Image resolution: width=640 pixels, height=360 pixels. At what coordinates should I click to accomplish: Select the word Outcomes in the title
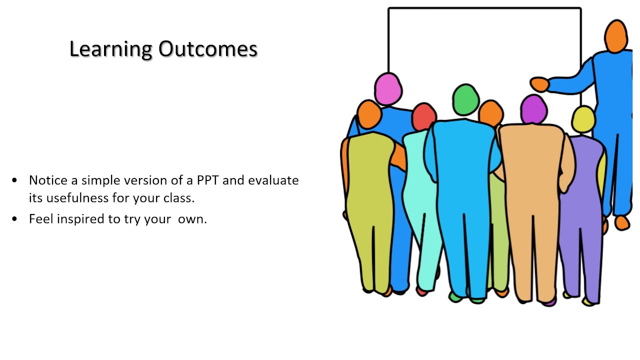(207, 49)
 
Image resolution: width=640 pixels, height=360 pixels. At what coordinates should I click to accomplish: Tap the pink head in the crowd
(388, 88)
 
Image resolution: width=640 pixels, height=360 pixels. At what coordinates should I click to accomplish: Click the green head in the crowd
(466, 99)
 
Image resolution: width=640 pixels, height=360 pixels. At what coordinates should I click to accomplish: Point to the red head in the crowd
(423, 116)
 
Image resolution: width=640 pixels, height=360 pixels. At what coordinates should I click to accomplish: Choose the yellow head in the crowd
(583, 119)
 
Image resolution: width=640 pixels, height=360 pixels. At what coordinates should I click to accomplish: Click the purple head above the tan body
(533, 109)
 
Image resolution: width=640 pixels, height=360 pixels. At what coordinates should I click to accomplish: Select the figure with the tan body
(534, 200)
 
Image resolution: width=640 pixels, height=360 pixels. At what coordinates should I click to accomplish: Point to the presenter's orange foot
(622, 222)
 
